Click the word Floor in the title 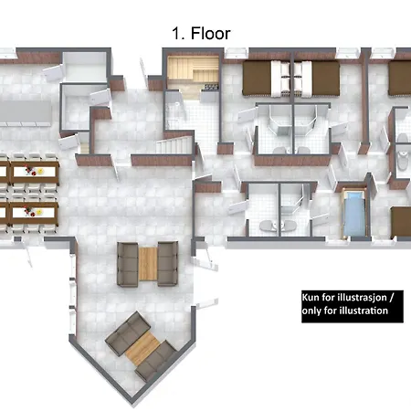pyautogui.click(x=210, y=33)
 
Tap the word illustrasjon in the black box pyautogui.click(x=363, y=298)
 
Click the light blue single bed pyautogui.click(x=354, y=213)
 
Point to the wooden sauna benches pyautogui.click(x=193, y=69)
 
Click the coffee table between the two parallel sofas pyautogui.click(x=148, y=264)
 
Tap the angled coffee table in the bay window pyautogui.click(x=142, y=348)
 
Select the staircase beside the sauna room pyautogui.click(x=174, y=145)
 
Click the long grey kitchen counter pyautogui.click(x=26, y=111)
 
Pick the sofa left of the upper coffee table pyautogui.click(x=128, y=264)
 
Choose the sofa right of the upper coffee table pyautogui.click(x=168, y=264)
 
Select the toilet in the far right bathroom pyautogui.click(x=403, y=160)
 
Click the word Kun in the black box pyautogui.click(x=311, y=297)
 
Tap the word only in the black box pyautogui.click(x=311, y=311)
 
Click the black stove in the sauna pyautogui.click(x=212, y=87)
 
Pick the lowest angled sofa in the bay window pyautogui.click(x=156, y=362)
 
